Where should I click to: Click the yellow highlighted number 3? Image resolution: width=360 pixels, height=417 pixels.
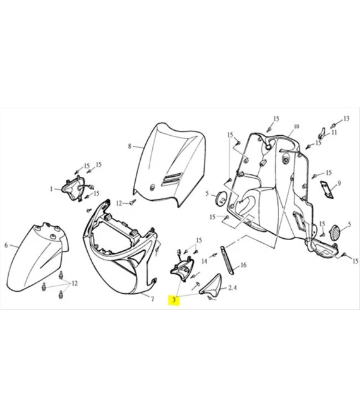(x=174, y=299)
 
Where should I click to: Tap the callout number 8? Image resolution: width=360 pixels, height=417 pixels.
(x=129, y=147)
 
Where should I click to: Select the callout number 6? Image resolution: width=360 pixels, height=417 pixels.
(x=6, y=245)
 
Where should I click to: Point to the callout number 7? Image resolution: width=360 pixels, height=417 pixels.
(x=152, y=299)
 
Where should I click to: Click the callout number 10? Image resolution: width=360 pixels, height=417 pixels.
(x=296, y=126)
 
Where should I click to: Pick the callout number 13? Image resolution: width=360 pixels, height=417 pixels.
(x=346, y=119)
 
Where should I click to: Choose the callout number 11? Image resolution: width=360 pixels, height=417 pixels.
(x=334, y=132)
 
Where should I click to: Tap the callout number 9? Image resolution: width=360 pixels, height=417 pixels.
(x=339, y=183)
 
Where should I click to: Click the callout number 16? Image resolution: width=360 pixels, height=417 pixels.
(x=243, y=265)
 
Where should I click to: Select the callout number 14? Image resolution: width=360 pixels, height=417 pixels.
(x=204, y=262)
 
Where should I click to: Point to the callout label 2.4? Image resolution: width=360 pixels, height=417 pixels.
(x=232, y=287)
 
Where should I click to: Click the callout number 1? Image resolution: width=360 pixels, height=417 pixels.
(x=51, y=189)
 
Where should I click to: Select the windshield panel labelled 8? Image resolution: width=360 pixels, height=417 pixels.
(x=169, y=164)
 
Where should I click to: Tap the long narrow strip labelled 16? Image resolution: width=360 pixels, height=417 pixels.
(x=227, y=260)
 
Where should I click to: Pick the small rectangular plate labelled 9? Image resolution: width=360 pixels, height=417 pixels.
(x=327, y=190)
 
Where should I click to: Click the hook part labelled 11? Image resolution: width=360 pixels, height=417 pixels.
(x=321, y=133)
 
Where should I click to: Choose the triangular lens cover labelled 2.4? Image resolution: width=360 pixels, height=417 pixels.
(x=211, y=284)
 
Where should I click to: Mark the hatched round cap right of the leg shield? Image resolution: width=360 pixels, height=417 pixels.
(x=336, y=233)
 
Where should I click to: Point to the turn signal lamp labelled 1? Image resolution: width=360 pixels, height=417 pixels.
(x=73, y=188)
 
